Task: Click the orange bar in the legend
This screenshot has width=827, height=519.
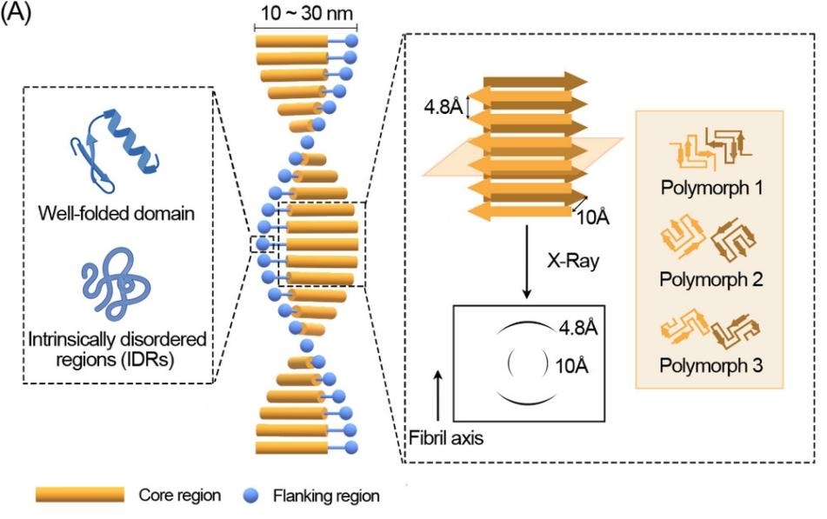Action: click(79, 495)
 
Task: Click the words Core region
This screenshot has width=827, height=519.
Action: click(179, 495)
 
